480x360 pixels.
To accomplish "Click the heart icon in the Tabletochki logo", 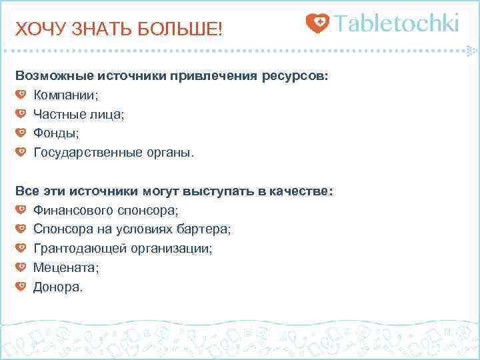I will click(x=317, y=24).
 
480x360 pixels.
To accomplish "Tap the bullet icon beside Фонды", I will click(x=21, y=133).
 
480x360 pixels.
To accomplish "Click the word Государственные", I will click(x=87, y=153).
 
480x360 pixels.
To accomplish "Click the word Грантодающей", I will click(x=77, y=249).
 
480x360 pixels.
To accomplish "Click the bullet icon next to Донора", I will click(x=21, y=287).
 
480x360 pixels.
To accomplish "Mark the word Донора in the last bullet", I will click(x=57, y=287).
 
